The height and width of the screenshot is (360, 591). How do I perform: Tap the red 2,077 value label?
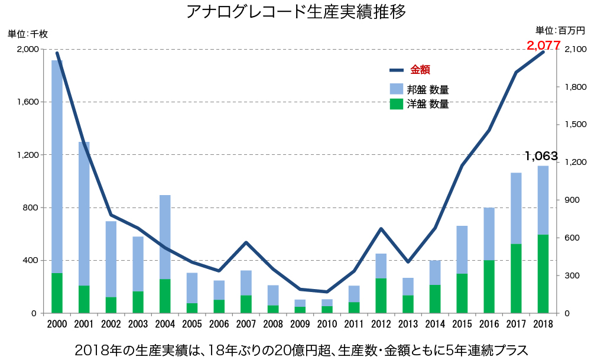543,45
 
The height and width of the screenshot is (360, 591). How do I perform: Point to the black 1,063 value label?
541,157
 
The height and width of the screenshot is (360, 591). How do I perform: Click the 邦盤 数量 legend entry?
427,90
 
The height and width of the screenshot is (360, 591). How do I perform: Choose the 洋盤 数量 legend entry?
427,105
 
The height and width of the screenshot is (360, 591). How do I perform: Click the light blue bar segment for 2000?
57,166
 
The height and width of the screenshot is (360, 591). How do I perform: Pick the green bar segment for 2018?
543,274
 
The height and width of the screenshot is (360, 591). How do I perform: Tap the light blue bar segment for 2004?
165,236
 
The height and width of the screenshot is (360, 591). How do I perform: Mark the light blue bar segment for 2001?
84,213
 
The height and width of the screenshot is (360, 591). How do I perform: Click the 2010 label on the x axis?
327,325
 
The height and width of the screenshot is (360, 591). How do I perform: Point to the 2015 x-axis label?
462,325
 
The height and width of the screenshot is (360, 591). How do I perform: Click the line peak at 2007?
246,242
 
